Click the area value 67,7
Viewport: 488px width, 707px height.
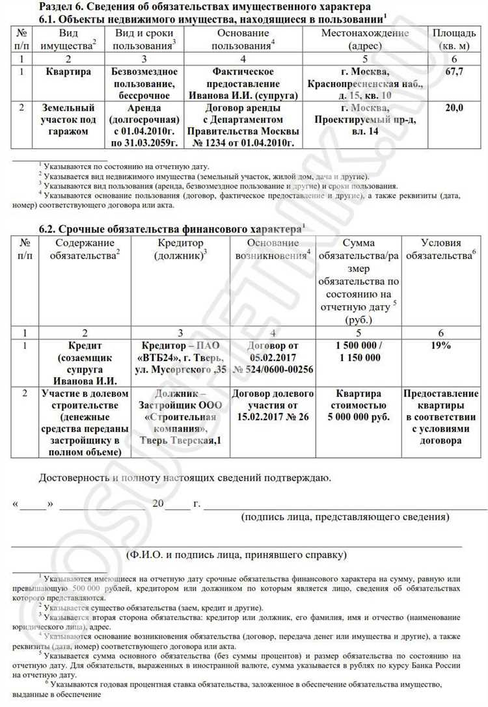[x=454, y=72]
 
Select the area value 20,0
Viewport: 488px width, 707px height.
[x=454, y=108]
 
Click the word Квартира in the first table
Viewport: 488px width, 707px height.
[x=68, y=72]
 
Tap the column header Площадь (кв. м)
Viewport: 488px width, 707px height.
[x=454, y=39]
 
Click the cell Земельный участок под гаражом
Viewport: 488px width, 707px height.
[x=68, y=120]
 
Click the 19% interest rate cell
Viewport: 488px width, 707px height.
[x=441, y=345]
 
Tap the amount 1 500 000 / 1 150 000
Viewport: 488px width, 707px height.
[x=359, y=351]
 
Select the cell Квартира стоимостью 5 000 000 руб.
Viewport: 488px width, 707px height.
[x=359, y=406]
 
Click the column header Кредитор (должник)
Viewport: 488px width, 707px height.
[x=180, y=249]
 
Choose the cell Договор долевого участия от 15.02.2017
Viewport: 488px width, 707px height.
[x=273, y=406]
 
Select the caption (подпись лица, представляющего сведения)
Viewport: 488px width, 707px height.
[x=344, y=517]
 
